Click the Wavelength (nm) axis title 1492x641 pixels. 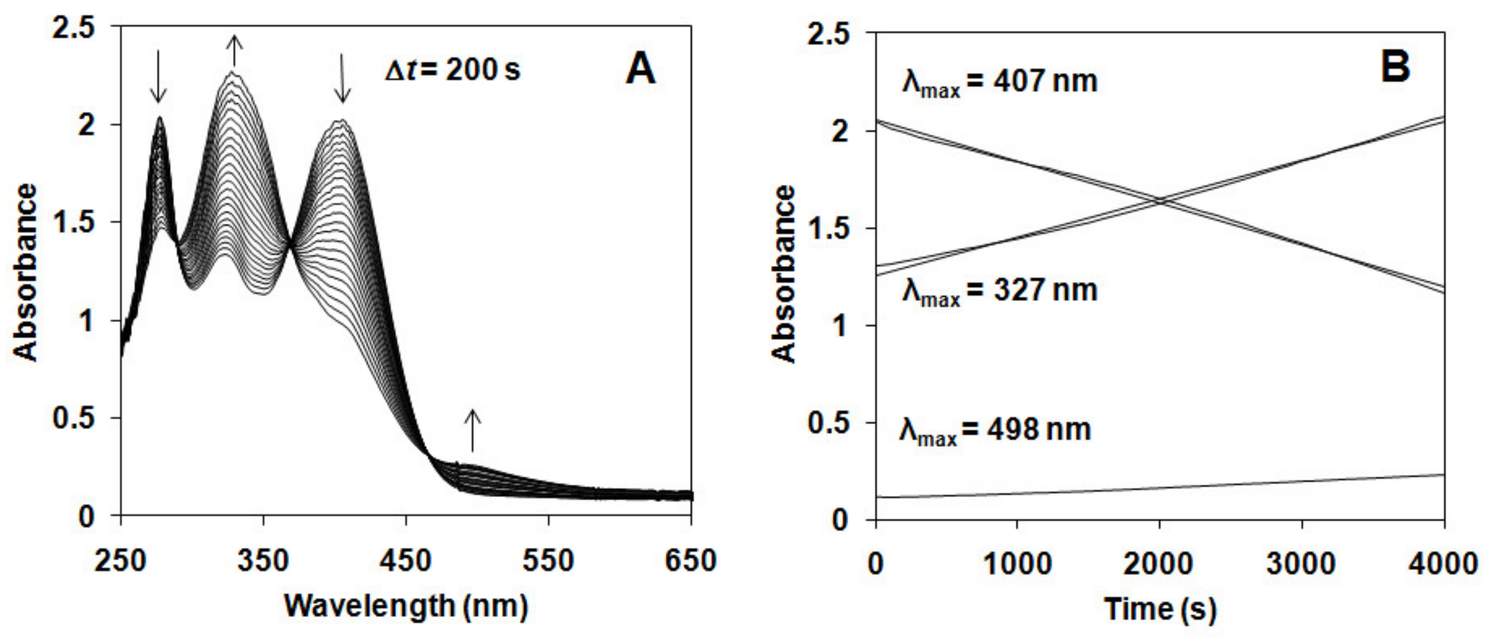(406, 607)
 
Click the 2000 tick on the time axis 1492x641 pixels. (1159, 563)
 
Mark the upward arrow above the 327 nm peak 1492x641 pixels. (233, 50)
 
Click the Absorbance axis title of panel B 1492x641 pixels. (785, 274)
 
